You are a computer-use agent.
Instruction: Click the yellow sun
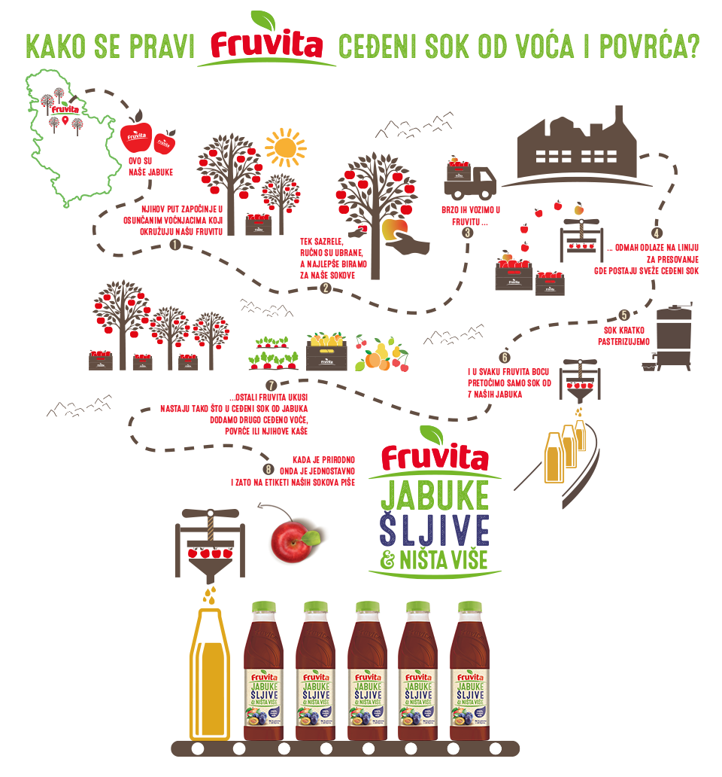click(286, 148)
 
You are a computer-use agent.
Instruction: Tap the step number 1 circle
click(174, 245)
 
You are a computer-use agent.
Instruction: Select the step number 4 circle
click(657, 234)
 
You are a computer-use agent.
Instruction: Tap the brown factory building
click(578, 150)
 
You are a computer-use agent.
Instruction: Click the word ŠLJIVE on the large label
click(434, 530)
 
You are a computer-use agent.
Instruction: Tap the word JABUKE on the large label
click(434, 497)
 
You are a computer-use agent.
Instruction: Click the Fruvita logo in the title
click(267, 44)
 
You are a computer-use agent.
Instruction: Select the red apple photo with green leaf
click(293, 535)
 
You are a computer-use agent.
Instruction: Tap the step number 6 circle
click(505, 358)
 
